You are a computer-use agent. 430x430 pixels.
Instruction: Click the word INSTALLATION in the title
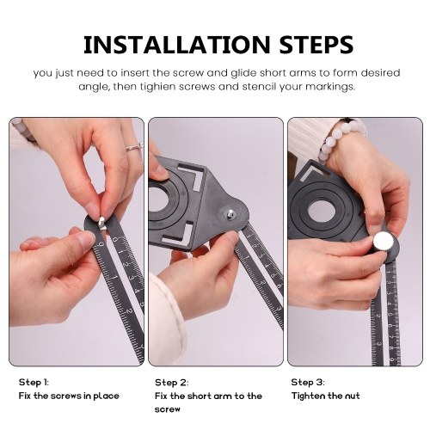click(177, 45)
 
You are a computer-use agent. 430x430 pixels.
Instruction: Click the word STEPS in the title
click(316, 45)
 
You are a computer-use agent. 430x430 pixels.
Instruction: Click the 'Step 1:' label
click(34, 382)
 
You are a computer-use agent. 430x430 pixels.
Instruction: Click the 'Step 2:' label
click(172, 383)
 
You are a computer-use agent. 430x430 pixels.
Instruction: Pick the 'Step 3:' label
click(308, 382)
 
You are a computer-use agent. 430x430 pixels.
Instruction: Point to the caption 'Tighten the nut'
click(325, 396)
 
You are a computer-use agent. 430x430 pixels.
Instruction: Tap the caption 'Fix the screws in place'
click(69, 396)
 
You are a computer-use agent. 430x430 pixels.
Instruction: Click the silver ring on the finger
click(134, 147)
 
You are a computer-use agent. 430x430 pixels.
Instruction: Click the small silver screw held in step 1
click(101, 223)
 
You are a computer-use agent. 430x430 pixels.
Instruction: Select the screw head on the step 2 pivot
click(230, 213)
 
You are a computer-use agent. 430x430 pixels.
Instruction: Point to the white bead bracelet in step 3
click(341, 140)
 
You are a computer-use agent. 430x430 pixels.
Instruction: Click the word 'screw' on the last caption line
click(168, 409)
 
